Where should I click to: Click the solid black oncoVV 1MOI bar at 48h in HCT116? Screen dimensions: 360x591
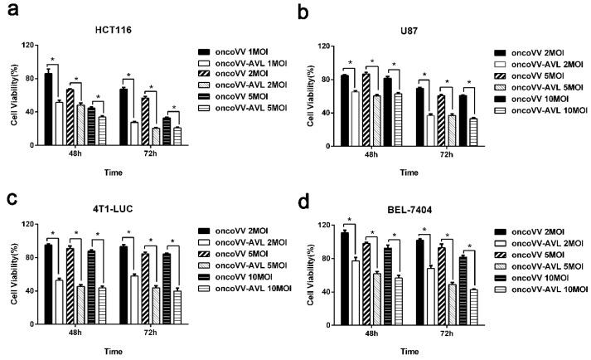(48, 109)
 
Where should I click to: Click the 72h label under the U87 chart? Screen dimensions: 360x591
(446, 155)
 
